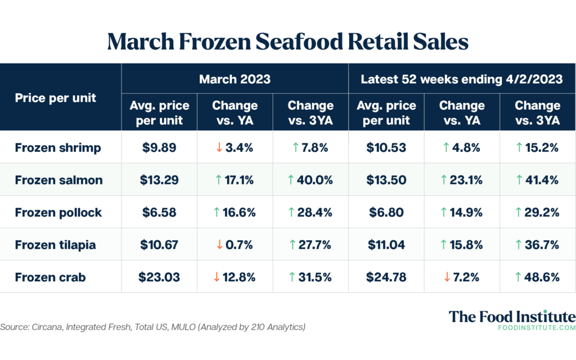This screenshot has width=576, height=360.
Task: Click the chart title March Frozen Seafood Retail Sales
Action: point(287,42)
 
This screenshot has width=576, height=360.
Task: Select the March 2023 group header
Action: point(235,79)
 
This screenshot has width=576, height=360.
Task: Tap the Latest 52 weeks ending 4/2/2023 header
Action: point(461,79)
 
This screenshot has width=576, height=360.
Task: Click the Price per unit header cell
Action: point(56,97)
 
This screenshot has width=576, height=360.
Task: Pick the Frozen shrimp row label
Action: point(58,148)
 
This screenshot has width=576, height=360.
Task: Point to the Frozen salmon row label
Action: point(59,180)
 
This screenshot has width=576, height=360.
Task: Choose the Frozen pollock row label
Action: point(58,212)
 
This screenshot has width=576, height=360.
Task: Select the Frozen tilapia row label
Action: point(55,245)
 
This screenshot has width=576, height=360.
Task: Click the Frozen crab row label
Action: point(51,277)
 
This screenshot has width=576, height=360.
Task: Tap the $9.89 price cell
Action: point(159,148)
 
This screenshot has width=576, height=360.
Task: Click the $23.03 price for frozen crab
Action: point(159,277)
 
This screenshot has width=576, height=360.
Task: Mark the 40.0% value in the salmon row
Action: point(310,180)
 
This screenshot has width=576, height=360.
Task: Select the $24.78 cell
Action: point(386,277)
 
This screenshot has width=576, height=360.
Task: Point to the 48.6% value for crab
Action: point(537,277)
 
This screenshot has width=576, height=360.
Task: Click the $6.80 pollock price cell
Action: point(386,212)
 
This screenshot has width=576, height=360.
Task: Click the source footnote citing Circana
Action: point(152,327)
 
